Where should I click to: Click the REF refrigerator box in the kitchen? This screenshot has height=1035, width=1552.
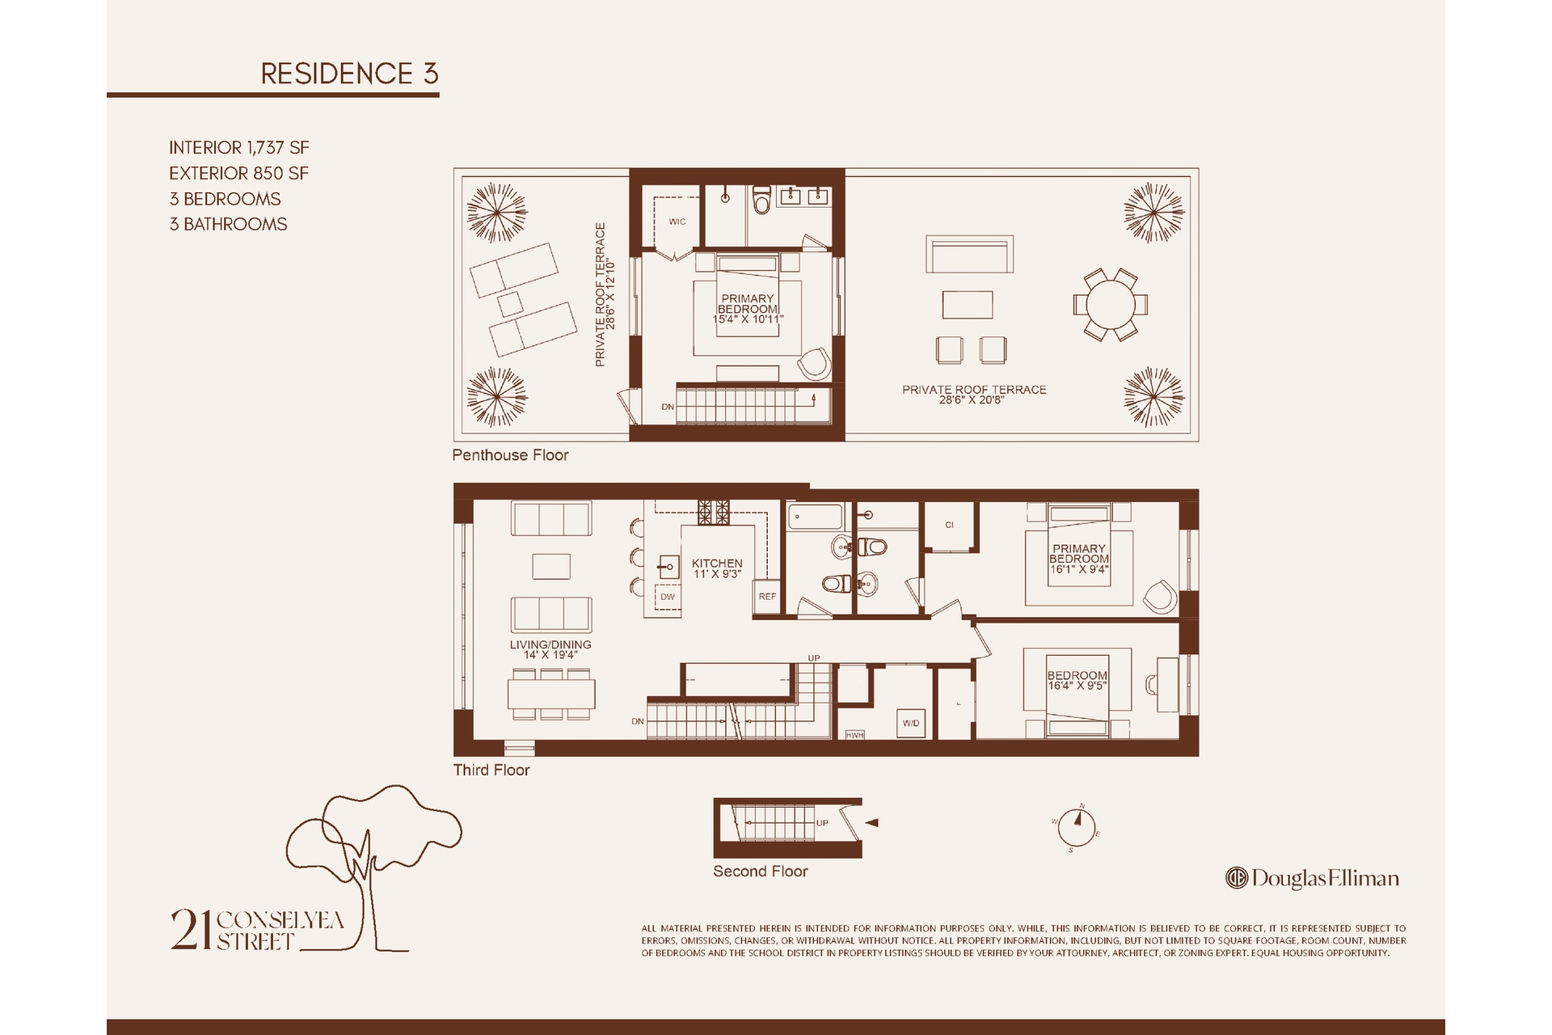pos(767,597)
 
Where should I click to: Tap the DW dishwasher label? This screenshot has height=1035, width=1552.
pos(668,597)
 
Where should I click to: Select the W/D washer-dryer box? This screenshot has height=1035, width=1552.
pos(911,723)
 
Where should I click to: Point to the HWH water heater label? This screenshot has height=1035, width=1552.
pos(854,735)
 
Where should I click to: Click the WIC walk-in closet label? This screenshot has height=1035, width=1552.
pos(677,222)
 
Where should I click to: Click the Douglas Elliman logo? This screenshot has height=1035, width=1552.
pos(1312,878)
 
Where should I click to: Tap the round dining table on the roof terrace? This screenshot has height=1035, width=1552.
pos(1111,305)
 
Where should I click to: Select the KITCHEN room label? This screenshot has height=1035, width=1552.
pos(717,564)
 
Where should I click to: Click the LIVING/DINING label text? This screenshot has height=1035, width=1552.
pos(550,644)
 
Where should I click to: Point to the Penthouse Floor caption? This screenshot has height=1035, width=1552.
pos(510,455)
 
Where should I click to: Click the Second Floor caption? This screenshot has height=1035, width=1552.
pos(760,872)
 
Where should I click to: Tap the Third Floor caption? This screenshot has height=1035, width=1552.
pos(491,770)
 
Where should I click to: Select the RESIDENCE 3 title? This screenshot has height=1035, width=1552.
pos(349,74)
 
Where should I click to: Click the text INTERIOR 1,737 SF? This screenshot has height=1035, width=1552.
pos(239,148)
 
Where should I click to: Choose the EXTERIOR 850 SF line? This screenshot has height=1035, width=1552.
pos(239,173)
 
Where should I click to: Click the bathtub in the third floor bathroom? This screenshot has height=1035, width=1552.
pos(816,517)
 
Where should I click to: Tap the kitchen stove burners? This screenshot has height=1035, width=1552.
pos(714,513)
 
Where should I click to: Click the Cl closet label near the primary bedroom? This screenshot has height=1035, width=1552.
pos(950,525)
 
